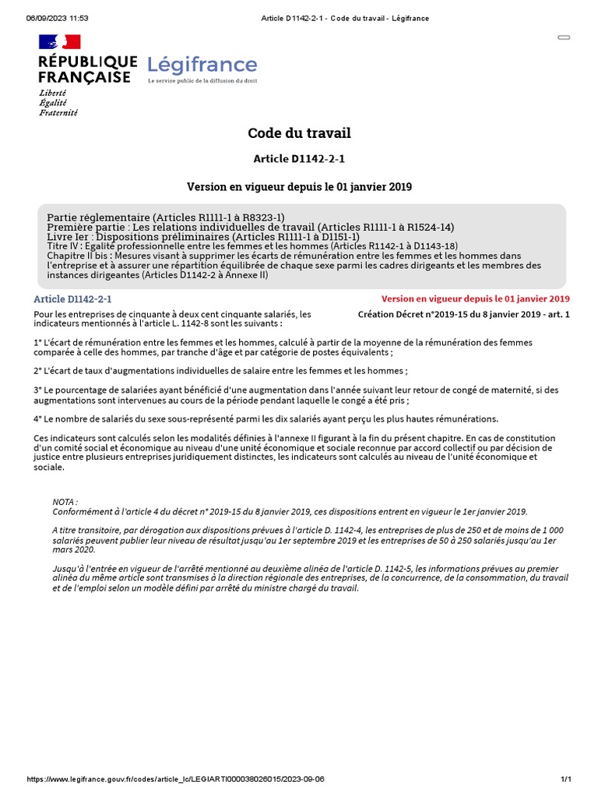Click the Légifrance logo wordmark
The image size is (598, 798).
tap(202, 65)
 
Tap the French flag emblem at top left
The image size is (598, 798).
tap(60, 43)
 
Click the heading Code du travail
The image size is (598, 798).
tap(299, 133)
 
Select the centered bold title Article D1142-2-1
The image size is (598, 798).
tap(299, 159)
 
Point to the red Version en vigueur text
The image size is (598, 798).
tap(475, 298)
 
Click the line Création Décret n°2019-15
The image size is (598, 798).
tap(463, 314)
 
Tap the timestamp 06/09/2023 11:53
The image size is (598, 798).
tap(58, 18)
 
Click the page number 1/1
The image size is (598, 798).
tap(566, 779)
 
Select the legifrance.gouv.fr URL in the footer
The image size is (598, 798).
tap(175, 779)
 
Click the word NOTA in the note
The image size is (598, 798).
tap(65, 502)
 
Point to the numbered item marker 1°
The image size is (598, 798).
tap(37, 342)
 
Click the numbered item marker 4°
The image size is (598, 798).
tap(37, 418)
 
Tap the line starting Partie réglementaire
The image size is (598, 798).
tap(166, 217)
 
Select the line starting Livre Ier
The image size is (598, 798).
tap(202, 236)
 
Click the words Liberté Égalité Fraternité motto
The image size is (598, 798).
tap(58, 102)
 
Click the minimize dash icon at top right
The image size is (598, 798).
tap(564, 37)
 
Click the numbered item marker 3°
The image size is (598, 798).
tap(37, 390)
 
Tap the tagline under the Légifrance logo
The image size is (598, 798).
tap(202, 81)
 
